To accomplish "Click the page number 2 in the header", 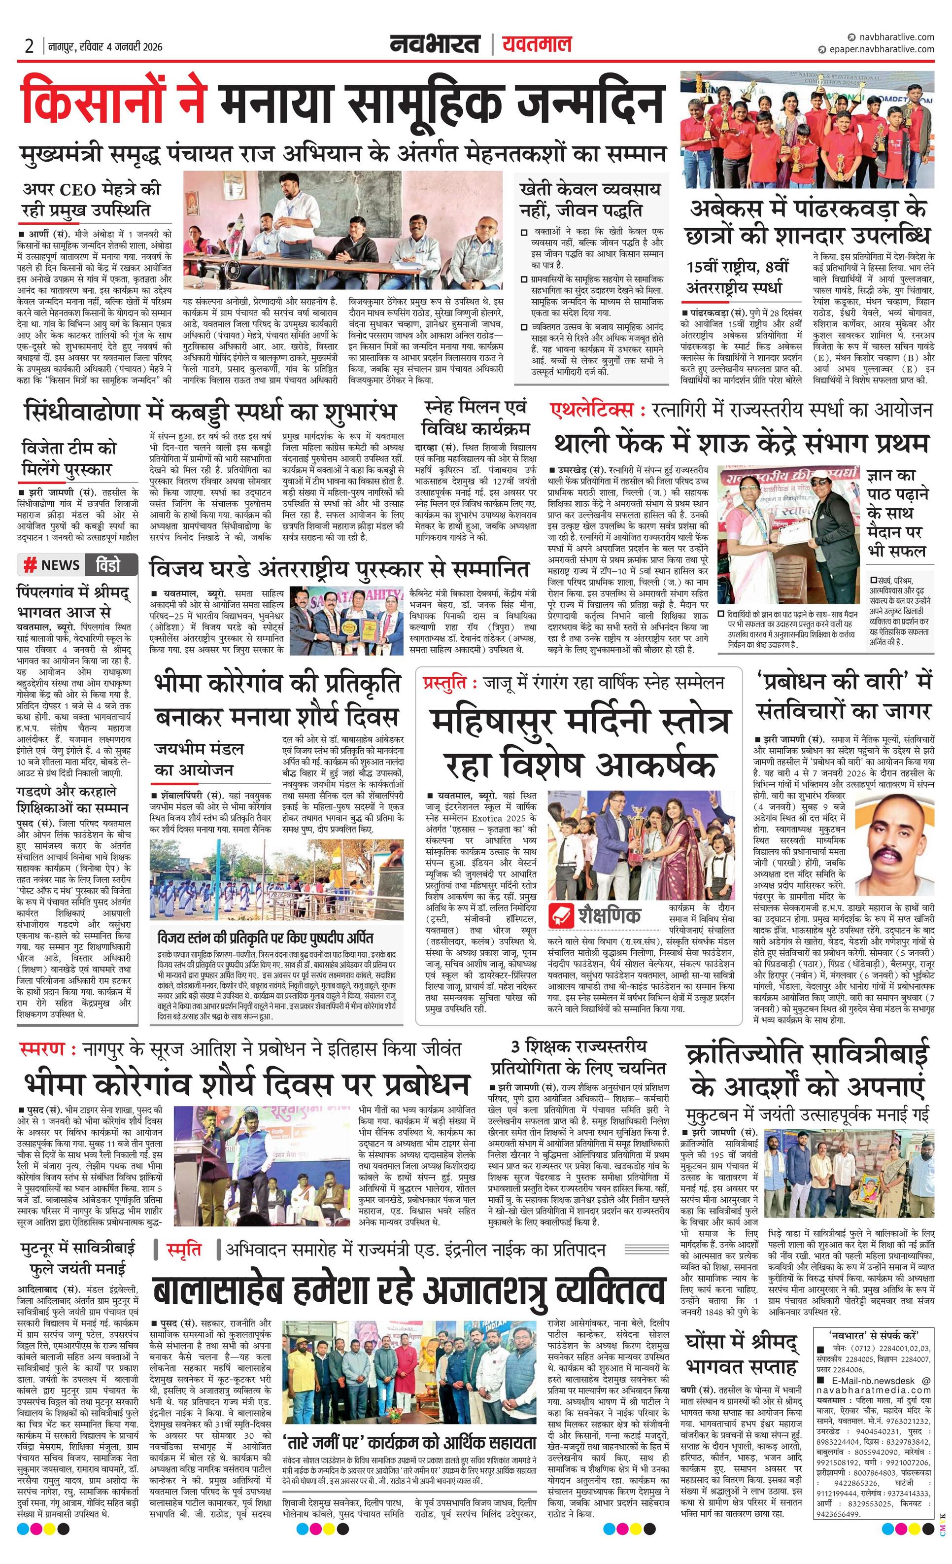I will tap(29, 46).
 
